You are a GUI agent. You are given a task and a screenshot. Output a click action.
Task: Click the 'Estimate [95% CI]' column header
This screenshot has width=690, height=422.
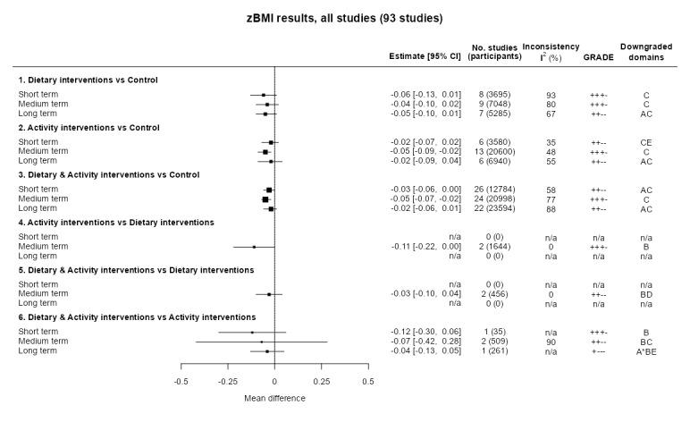(424, 55)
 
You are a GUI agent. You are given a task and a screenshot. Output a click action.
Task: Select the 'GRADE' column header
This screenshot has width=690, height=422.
(596, 55)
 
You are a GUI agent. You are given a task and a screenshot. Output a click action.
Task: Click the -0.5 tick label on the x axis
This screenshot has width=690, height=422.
(181, 380)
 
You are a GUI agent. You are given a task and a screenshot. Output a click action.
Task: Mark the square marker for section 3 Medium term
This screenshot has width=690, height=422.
(265, 198)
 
